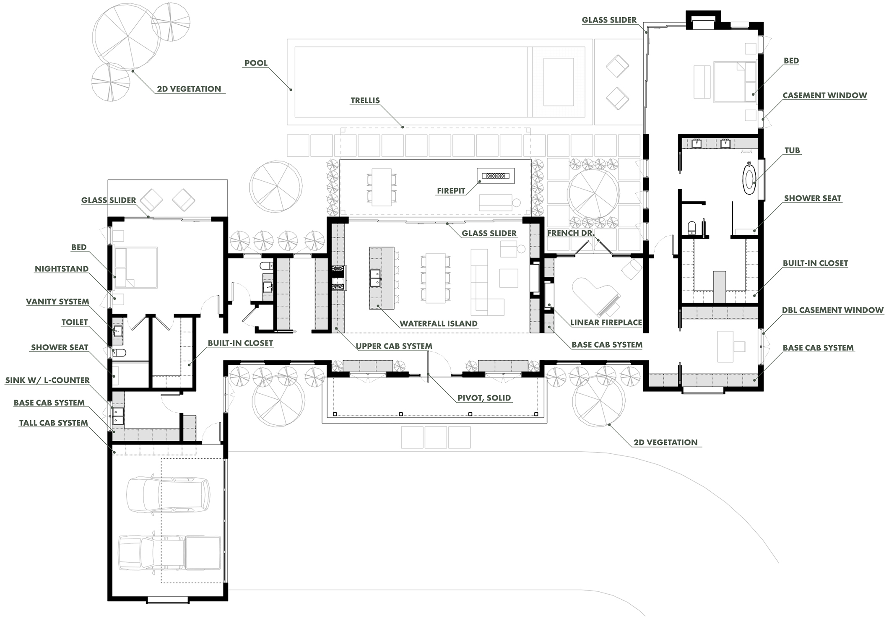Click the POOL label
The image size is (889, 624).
point(256,63)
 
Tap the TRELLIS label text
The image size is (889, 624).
point(365,100)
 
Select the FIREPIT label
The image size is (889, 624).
point(451,191)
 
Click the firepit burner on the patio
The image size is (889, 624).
point(495,176)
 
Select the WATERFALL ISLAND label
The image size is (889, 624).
point(438,324)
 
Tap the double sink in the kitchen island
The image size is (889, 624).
point(375,277)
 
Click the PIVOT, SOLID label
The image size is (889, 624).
point(484,398)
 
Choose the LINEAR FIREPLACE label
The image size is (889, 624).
point(606,322)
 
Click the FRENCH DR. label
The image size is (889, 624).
point(571,233)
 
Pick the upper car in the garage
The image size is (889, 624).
point(168,495)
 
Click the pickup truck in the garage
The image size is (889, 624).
point(170,552)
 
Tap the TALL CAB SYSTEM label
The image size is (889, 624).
point(53,423)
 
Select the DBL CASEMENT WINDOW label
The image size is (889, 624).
point(832,310)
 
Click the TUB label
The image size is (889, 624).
point(792,150)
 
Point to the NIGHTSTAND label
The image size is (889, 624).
point(62,269)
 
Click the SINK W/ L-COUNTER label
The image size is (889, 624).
point(47,380)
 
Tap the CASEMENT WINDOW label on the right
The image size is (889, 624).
point(824,95)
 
